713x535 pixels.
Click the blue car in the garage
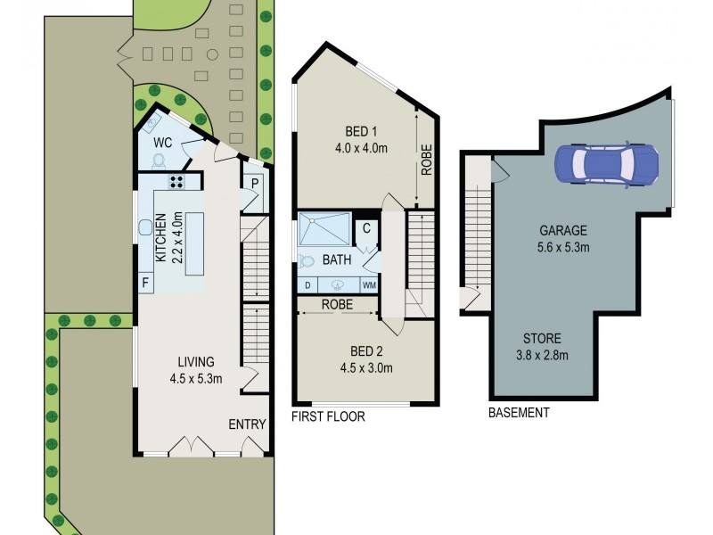pos(606,162)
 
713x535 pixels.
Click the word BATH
pos(337,260)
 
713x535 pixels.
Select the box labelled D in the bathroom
pos(307,285)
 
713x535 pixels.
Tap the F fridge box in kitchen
pos(145,284)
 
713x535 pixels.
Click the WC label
pos(162,143)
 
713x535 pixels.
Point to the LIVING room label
pos(196,369)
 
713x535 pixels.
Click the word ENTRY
pos(247,424)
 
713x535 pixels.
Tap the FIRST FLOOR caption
pos(329,416)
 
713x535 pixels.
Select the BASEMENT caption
pos(519,413)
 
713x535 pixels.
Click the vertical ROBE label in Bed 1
pos(427,160)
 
